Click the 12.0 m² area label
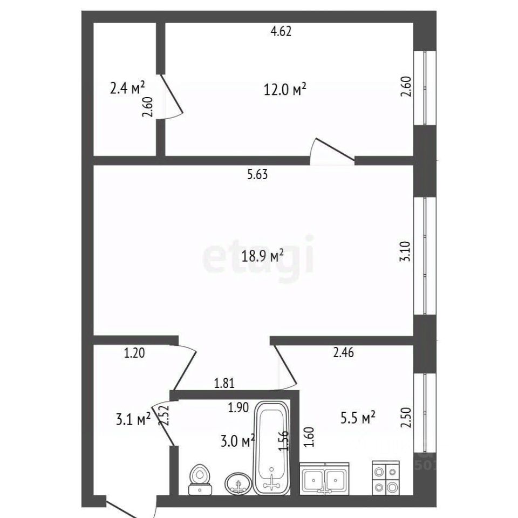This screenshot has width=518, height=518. [x=285, y=89]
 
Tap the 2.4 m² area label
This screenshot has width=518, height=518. [x=127, y=88]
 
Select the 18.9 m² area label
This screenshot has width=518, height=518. [x=263, y=256]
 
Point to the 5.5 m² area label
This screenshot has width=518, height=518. [x=358, y=417]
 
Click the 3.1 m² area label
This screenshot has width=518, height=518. [x=133, y=419]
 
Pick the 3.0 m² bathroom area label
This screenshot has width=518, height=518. [x=237, y=441]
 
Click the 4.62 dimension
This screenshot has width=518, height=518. [x=281, y=31]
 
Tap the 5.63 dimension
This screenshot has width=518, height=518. [x=258, y=174]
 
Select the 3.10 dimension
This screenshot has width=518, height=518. [x=405, y=251]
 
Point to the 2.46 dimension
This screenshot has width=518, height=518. [x=344, y=352]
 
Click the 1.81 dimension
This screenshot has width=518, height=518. [x=224, y=383]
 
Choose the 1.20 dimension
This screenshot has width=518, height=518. [x=134, y=353]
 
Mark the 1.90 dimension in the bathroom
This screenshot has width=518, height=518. [x=238, y=408]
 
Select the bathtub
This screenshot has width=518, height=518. [x=271, y=448]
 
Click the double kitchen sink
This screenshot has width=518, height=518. [x=324, y=478]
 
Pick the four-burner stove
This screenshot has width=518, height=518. [x=386, y=478]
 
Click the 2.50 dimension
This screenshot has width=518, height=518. [x=406, y=417]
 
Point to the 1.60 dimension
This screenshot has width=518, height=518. [x=309, y=437]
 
